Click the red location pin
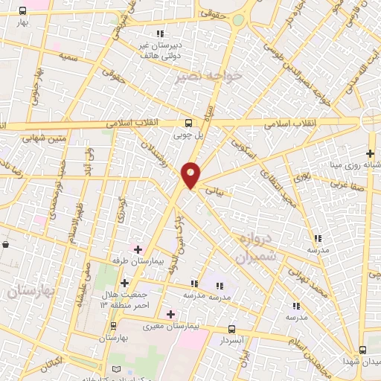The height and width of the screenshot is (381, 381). click(x=191, y=175)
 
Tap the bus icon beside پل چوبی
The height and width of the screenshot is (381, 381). click(x=189, y=124)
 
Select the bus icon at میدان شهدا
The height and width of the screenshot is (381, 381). click(x=363, y=350)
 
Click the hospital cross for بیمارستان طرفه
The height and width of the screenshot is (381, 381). click(x=138, y=247)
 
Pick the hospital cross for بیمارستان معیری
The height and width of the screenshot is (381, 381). click(x=171, y=314)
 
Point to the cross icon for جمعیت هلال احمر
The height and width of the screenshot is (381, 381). click(x=124, y=283)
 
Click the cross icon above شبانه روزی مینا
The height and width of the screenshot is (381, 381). click(x=370, y=153)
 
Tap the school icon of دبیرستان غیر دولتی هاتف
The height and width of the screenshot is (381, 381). click(x=160, y=33)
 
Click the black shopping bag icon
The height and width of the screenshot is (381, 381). click(x=6, y=243)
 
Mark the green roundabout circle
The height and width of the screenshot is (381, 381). click(x=238, y=20)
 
